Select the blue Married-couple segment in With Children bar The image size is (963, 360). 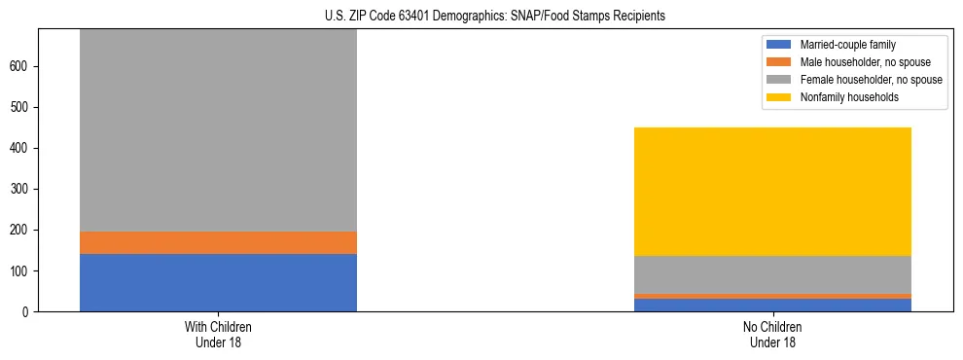coord(218,282)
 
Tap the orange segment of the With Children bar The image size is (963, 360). coord(218,242)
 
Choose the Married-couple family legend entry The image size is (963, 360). coord(845,45)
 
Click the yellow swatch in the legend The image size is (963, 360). coord(779,97)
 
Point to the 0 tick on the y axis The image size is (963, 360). coord(27,311)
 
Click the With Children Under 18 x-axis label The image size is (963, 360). coord(218,335)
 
